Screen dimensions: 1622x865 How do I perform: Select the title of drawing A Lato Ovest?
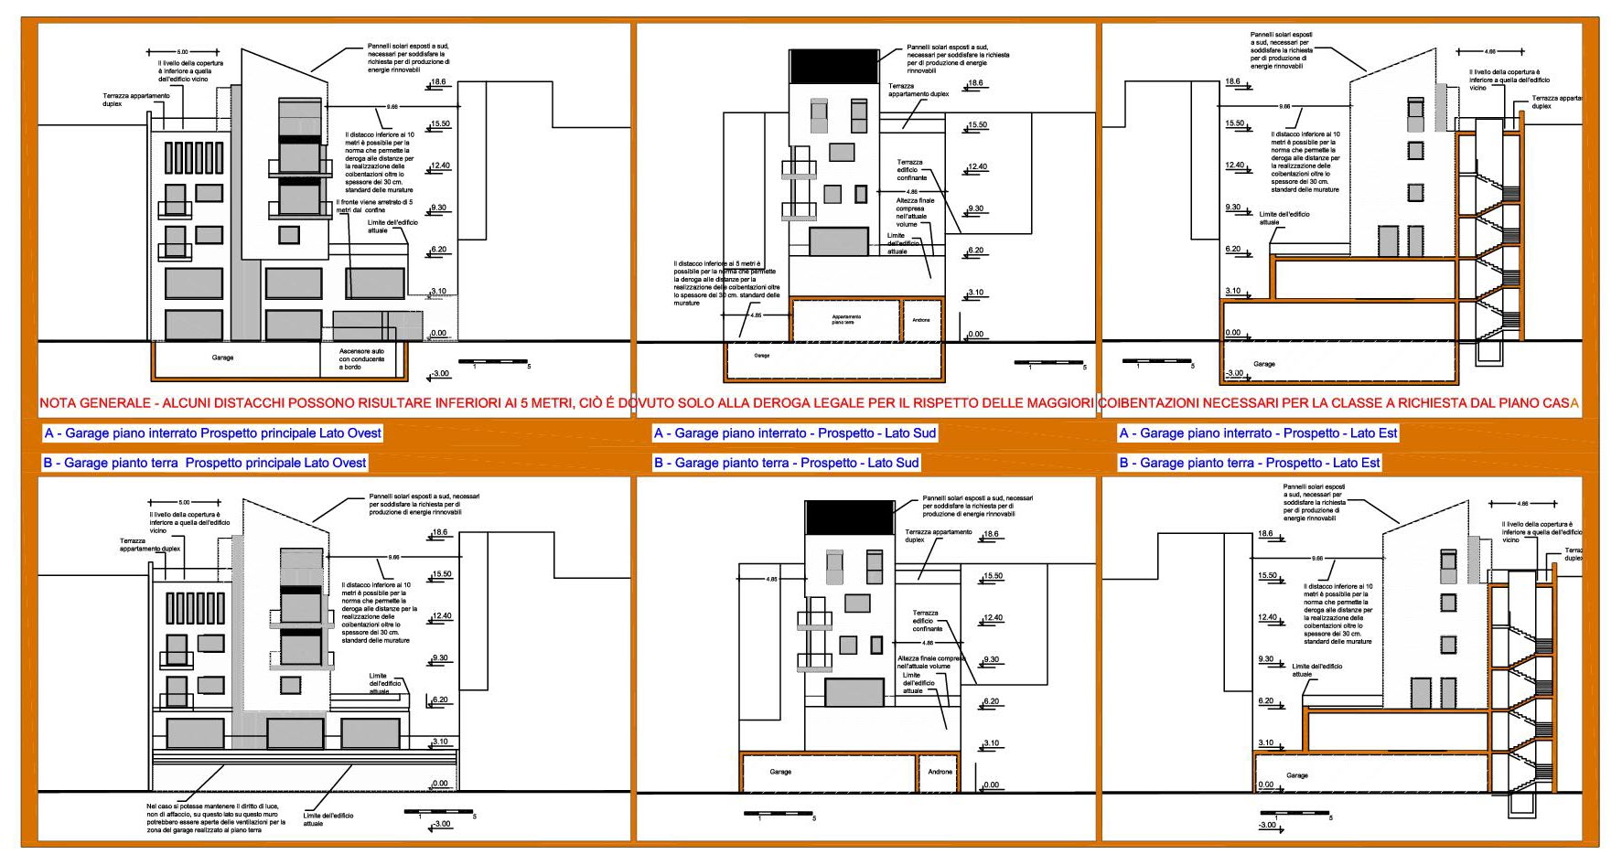(212, 433)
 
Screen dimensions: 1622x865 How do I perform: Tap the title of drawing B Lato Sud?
(786, 463)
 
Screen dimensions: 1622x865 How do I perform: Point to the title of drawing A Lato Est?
(1258, 433)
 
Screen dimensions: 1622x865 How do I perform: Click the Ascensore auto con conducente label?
(362, 358)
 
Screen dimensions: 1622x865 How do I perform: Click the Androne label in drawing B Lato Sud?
(940, 772)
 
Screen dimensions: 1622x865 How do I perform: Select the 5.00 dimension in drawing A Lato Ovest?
(183, 52)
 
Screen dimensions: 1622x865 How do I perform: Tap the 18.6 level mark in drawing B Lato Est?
(1265, 534)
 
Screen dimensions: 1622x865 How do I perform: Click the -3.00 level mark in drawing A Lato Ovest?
(441, 374)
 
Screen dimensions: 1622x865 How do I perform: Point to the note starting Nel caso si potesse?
(216, 817)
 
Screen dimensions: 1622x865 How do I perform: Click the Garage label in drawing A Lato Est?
(1264, 364)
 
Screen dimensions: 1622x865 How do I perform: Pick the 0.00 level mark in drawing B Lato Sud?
(991, 785)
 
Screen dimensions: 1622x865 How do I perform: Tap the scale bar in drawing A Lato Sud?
(1050, 363)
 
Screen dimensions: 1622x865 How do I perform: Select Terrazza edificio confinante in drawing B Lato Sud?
(927, 621)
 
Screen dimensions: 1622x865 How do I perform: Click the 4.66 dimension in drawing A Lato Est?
(1490, 52)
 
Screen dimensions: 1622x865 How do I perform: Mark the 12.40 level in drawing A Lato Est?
(1235, 166)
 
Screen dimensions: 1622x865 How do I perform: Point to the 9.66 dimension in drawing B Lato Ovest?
(393, 557)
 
